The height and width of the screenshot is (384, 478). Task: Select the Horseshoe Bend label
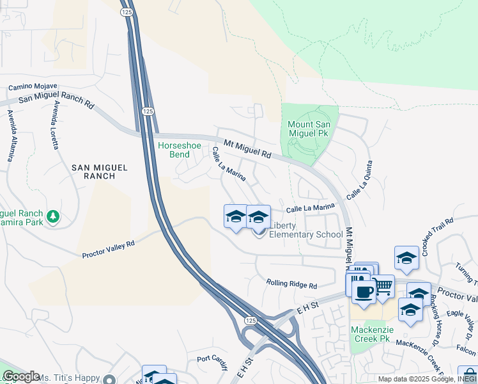174,150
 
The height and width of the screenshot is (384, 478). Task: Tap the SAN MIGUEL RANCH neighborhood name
98,172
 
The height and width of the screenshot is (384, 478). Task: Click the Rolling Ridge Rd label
291,284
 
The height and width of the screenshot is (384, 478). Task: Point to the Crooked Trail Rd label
433,230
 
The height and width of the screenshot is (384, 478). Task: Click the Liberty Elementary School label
305,230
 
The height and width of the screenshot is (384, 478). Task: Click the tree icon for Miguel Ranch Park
53,217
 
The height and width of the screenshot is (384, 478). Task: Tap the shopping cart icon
383,286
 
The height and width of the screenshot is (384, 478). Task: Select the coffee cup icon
364,292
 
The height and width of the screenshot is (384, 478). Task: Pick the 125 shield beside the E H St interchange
251,319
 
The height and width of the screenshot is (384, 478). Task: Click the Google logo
21,377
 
